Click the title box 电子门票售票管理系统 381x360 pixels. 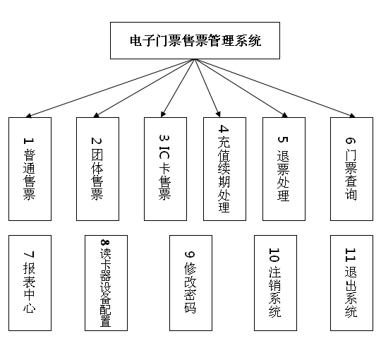click(x=195, y=41)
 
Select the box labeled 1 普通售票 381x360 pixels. click(x=30, y=169)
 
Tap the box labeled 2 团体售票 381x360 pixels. click(x=97, y=169)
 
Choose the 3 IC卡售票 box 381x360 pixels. click(x=166, y=169)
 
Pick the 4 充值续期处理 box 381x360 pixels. click(x=225, y=169)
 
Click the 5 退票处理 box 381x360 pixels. click(x=284, y=169)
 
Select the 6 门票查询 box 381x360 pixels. click(x=351, y=169)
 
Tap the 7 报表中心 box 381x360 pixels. click(x=30, y=283)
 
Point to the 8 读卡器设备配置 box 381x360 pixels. click(x=106, y=283)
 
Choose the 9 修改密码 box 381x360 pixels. click(x=190, y=283)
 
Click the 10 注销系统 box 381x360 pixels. click(x=276, y=283)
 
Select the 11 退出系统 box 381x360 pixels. click(x=351, y=283)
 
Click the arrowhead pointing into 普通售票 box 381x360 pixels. click(x=28, y=116)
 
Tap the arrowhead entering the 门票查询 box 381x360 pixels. click(x=352, y=116)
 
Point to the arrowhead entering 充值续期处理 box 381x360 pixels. click(x=219, y=114)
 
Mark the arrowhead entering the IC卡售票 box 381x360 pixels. click(x=163, y=114)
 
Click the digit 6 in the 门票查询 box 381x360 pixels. click(x=351, y=141)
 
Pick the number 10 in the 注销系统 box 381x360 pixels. click(x=274, y=255)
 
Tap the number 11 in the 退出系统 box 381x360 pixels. click(x=351, y=255)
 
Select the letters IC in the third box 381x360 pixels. click(x=164, y=152)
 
